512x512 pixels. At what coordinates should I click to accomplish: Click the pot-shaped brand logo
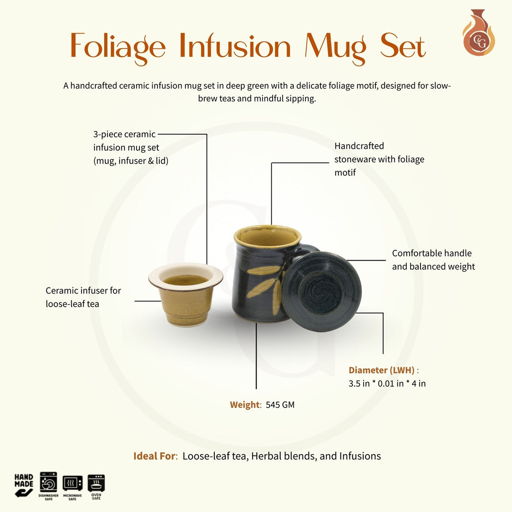coord(478,33)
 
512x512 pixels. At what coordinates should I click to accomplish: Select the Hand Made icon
coord(24,485)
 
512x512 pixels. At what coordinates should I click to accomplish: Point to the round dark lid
coord(321,291)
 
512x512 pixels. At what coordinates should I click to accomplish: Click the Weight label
coord(245,405)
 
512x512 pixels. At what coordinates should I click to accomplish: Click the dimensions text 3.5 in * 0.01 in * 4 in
coord(387,384)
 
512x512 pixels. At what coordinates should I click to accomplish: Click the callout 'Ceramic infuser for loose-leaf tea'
coord(83,297)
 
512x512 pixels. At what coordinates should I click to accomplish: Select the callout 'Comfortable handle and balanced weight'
coord(433,260)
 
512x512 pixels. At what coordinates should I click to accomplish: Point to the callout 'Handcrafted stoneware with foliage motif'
coord(379,159)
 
